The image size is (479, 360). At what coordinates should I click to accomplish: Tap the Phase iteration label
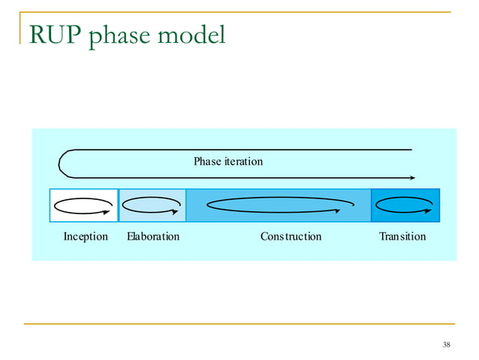click(228, 162)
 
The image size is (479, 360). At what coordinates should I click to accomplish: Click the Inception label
click(86, 237)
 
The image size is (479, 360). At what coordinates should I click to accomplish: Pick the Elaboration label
click(153, 237)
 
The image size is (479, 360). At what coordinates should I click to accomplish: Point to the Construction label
click(291, 237)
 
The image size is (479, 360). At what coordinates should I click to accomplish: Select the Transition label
click(402, 237)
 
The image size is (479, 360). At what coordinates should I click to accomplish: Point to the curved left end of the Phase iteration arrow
click(60, 164)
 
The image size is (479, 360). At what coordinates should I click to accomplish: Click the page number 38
click(447, 345)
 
